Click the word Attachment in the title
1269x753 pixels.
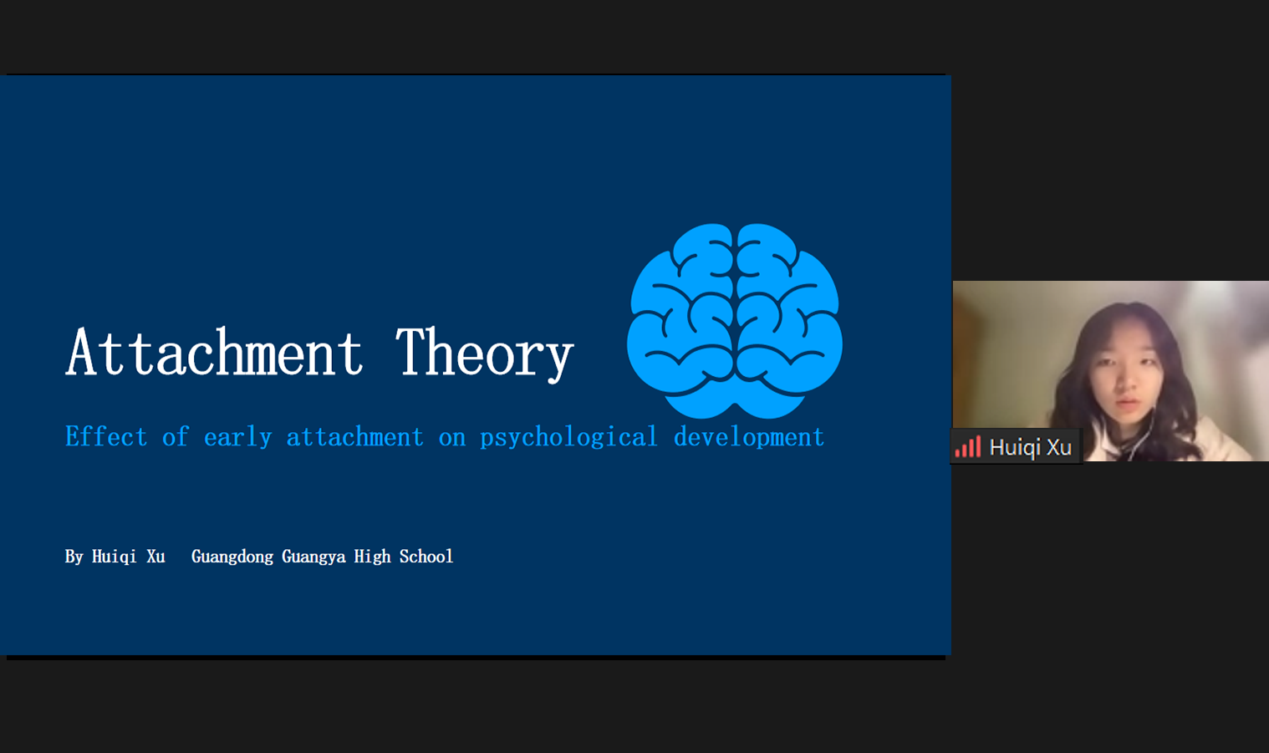coord(214,352)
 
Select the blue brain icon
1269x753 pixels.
coord(734,321)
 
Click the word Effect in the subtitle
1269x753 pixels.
coord(106,436)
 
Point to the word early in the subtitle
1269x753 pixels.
coord(238,438)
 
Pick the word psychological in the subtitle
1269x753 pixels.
coord(568,438)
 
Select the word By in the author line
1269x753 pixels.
coord(74,557)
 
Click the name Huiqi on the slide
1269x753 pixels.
coord(114,557)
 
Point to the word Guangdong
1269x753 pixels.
coord(232,557)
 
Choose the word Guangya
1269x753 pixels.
coord(313,557)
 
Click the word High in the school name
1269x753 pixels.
coord(372,557)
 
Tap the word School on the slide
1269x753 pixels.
coord(426,557)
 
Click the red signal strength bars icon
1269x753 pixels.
coord(968,447)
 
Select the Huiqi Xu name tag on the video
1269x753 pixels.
coord(1017,447)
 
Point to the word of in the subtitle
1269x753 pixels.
coord(175,436)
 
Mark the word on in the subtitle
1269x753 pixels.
coord(451,439)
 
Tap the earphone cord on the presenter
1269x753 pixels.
coord(1144,436)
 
